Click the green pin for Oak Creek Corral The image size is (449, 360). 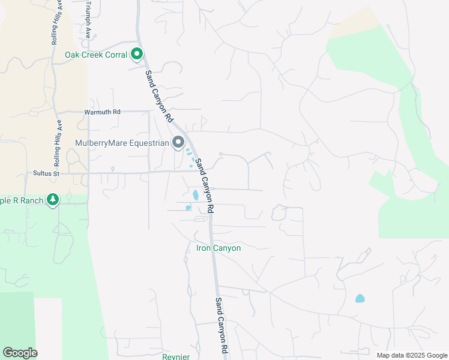tap(137, 55)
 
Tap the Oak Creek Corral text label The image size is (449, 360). tap(96, 55)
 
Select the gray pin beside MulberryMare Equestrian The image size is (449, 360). tap(178, 142)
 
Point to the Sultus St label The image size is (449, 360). tap(47, 173)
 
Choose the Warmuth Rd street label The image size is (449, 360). tap(102, 112)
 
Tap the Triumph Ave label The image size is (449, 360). tap(88, 19)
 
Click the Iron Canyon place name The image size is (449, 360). tap(218, 248)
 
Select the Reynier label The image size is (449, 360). tap(176, 356)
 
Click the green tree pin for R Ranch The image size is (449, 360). tap(53, 199)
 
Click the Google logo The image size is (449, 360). tap(20, 353)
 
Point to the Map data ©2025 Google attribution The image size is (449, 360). tap(411, 355)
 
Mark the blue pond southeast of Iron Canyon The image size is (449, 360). tap(360, 298)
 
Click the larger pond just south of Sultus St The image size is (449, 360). tap(195, 195)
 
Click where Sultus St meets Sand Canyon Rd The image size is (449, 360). tap(197, 171)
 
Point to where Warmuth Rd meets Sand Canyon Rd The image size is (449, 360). tap(167, 110)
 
